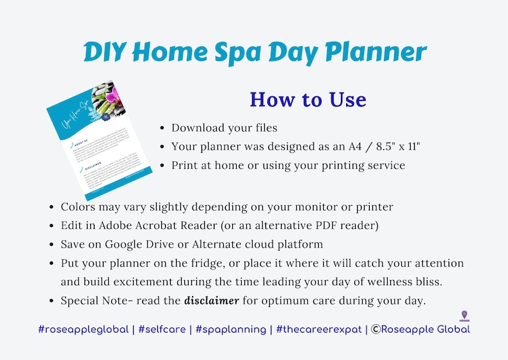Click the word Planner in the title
point(370,53)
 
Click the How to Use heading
point(308,100)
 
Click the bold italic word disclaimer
point(212,300)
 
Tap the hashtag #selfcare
point(166,329)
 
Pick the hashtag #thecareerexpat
point(317,329)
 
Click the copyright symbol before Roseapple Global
point(376,329)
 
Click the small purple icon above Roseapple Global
point(464,316)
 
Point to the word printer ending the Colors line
point(376,207)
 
